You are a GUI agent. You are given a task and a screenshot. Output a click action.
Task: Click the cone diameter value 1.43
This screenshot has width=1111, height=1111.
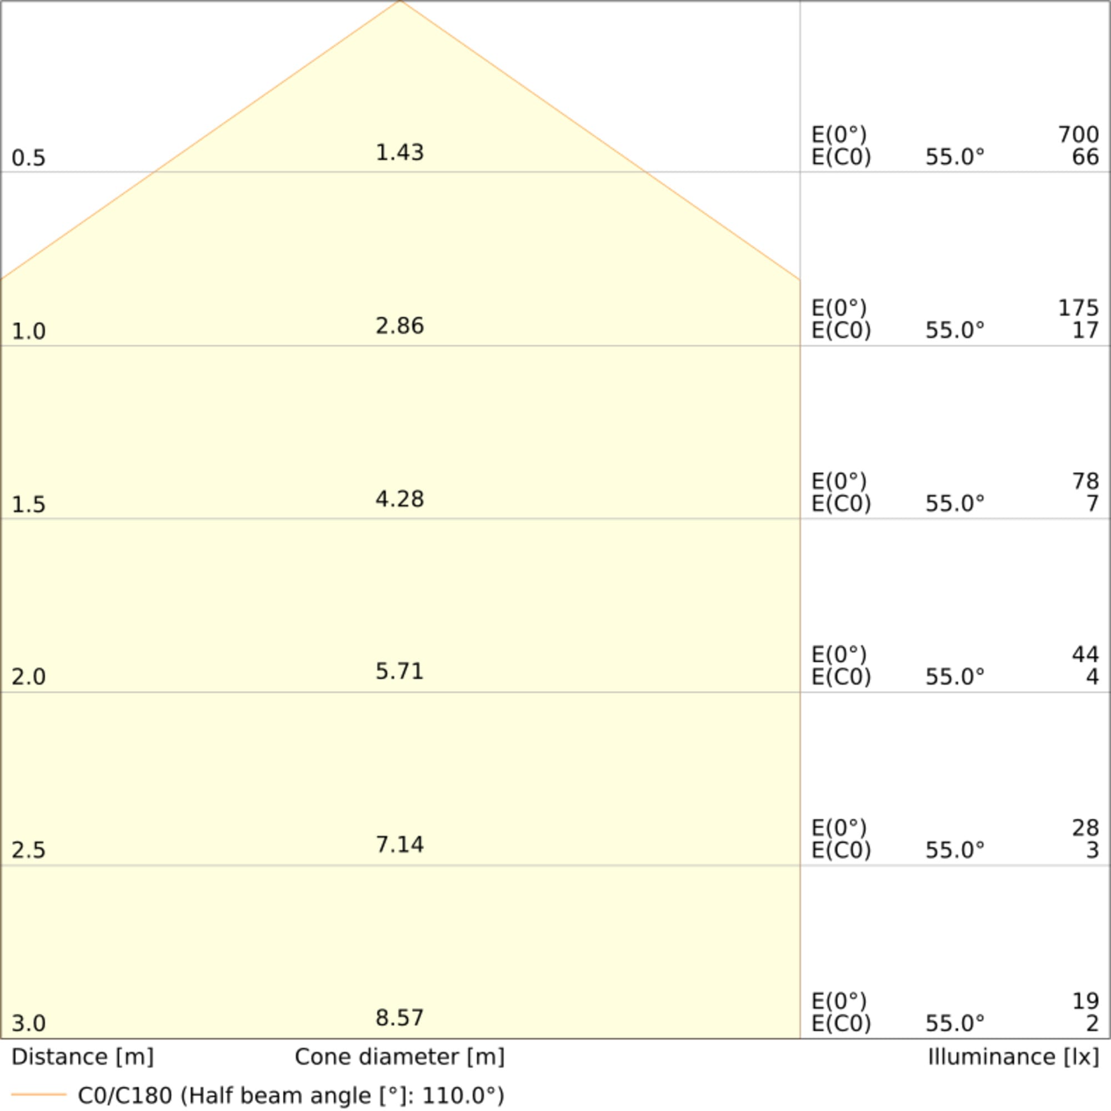399,152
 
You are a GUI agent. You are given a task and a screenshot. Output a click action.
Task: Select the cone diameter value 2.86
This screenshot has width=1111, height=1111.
399,326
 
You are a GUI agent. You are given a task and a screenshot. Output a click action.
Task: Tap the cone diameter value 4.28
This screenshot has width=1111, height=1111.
399,499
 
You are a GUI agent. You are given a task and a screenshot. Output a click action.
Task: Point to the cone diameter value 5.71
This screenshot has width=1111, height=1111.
399,671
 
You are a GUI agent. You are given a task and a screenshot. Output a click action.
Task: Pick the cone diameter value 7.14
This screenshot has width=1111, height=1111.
399,844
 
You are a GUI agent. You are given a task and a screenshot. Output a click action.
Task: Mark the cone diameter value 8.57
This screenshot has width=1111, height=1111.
399,1017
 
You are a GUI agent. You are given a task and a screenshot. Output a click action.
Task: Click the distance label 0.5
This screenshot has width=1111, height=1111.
28,158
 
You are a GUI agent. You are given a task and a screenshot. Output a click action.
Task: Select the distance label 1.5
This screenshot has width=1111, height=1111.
28,504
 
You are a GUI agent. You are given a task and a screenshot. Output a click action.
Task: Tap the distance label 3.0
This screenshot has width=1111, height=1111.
28,1023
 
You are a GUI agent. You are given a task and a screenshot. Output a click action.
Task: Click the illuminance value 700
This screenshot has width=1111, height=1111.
1078,134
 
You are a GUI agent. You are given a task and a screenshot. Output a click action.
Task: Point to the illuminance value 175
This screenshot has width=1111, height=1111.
1078,308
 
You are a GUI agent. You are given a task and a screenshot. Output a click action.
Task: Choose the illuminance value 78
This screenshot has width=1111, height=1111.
1085,481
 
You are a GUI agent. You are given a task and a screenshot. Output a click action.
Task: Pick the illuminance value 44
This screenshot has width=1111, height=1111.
1085,654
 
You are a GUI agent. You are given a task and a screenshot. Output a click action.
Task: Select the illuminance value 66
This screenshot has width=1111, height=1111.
1085,157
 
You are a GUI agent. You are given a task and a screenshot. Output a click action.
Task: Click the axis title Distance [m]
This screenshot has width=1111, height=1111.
82,1057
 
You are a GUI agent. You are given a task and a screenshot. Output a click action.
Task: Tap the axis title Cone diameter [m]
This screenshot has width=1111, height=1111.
399,1057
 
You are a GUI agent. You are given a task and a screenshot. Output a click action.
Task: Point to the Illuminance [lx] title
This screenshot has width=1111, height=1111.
1013,1057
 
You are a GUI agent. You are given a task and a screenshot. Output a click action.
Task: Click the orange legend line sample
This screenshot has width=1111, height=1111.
38,1094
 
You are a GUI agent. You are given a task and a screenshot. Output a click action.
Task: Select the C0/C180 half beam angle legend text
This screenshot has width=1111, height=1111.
291,1095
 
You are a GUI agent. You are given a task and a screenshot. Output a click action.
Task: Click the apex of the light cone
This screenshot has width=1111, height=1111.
400,2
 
